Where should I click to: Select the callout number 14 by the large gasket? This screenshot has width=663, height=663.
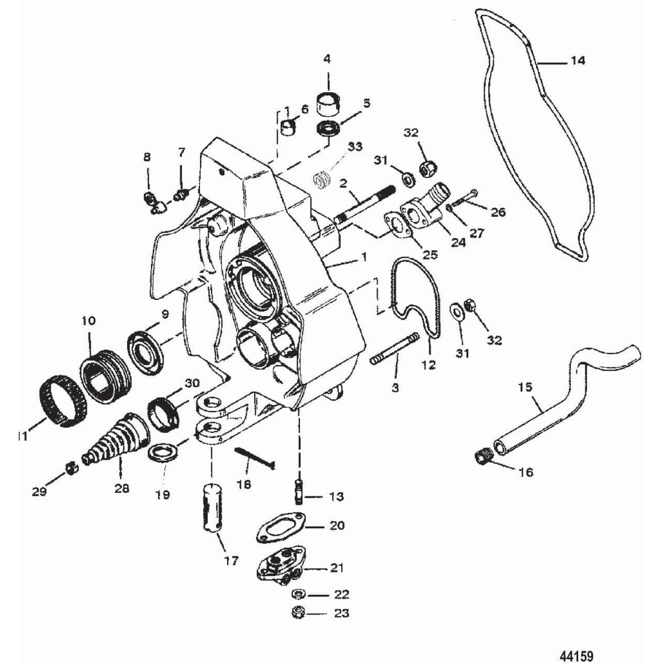577,61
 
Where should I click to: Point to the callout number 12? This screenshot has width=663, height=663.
428,365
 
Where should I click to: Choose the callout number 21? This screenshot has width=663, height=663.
338,567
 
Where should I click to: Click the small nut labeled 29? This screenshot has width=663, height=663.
70,470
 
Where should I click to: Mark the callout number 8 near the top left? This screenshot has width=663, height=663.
146,157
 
